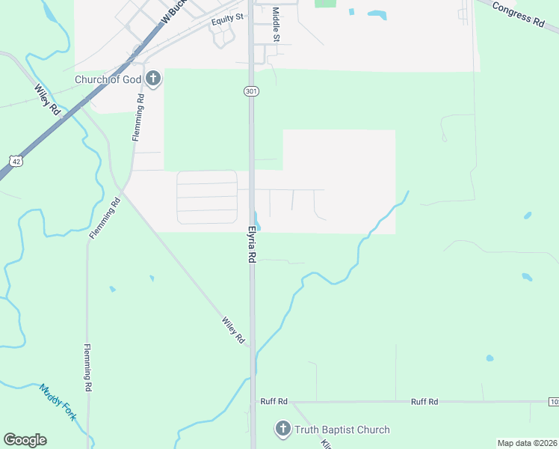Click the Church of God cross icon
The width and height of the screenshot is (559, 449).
coord(153,78)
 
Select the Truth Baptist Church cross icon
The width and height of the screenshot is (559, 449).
coord(282,429)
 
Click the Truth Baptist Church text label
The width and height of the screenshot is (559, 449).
coord(342,430)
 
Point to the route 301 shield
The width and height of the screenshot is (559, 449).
coord(250,91)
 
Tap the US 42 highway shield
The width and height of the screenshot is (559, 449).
coord(16,161)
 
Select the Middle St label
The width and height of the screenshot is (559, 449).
coord(276,24)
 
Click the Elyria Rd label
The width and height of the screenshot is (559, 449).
coord(253,244)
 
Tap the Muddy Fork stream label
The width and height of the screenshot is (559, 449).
coord(58,403)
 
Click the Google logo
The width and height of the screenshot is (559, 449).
coord(25,440)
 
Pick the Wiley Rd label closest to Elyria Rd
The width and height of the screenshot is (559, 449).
coord(233,330)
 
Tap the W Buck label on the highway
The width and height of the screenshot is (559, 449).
coord(173,12)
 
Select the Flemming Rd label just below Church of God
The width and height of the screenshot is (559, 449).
coord(138,117)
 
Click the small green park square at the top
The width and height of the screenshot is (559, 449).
coord(325,3)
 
